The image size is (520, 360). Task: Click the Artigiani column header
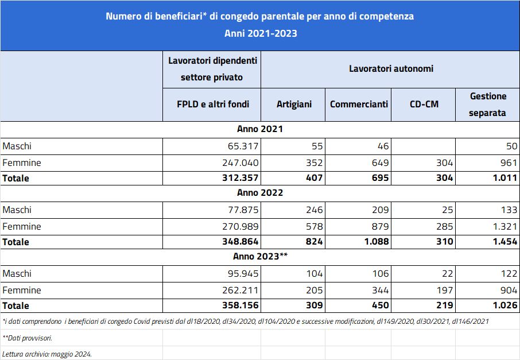pos(294,104)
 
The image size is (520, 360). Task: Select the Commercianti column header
pos(359,104)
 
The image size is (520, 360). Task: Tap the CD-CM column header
pos(424,104)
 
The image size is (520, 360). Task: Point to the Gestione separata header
pos(488,104)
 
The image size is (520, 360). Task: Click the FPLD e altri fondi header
pos(213,104)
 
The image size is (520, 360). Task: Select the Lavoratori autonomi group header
pos(391,69)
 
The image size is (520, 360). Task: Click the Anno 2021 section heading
pos(260,129)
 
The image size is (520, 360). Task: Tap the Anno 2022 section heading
pos(260,193)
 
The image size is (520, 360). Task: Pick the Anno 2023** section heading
pos(261,257)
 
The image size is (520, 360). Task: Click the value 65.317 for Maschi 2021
pos(243,146)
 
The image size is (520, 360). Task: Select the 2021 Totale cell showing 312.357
pos(240,178)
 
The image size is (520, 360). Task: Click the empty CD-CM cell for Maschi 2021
pos(424,146)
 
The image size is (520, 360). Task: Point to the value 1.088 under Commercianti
pos(377,242)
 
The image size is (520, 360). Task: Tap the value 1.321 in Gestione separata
pos(505,227)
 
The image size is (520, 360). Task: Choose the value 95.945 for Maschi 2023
pos(243,274)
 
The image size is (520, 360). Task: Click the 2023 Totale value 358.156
pos(240,305)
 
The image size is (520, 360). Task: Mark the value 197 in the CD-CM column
pos(445,291)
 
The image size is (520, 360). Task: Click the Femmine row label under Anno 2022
pos(22,227)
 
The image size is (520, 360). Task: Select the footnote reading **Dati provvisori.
pos(27,338)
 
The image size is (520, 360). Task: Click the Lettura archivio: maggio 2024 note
pos(46,354)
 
